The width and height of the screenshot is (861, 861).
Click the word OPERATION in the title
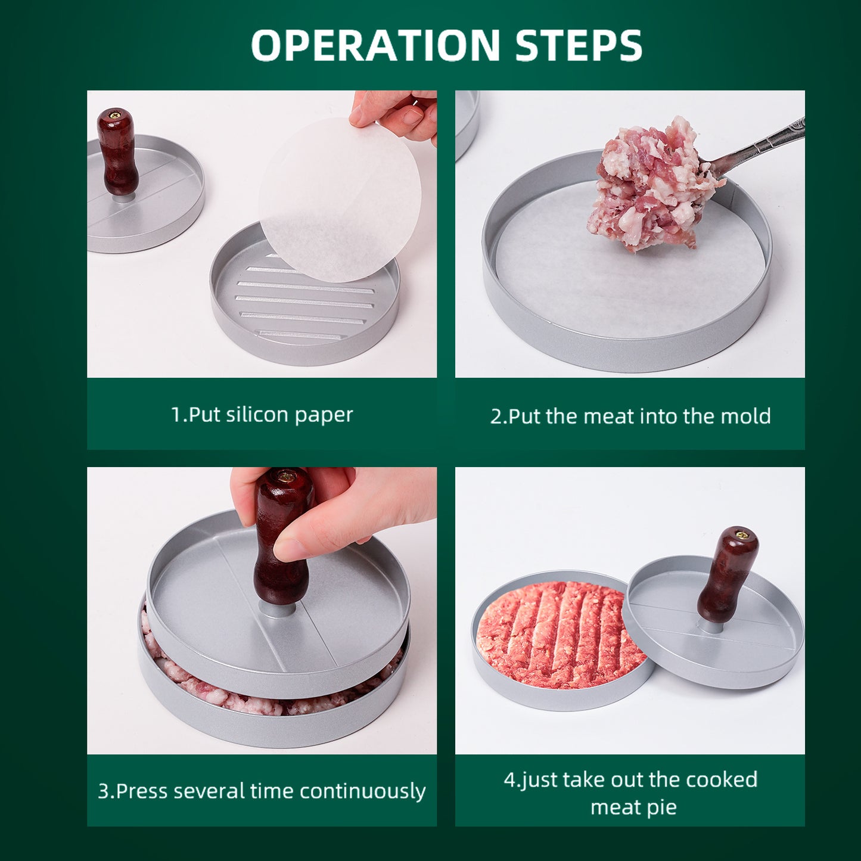point(375,45)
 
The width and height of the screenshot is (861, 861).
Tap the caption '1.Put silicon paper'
point(262,414)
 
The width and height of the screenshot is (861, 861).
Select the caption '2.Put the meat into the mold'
point(630,416)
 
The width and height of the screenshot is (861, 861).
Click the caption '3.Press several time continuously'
point(262,791)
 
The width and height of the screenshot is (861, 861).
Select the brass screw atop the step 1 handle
point(117,113)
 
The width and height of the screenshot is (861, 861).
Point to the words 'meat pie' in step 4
point(633,807)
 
